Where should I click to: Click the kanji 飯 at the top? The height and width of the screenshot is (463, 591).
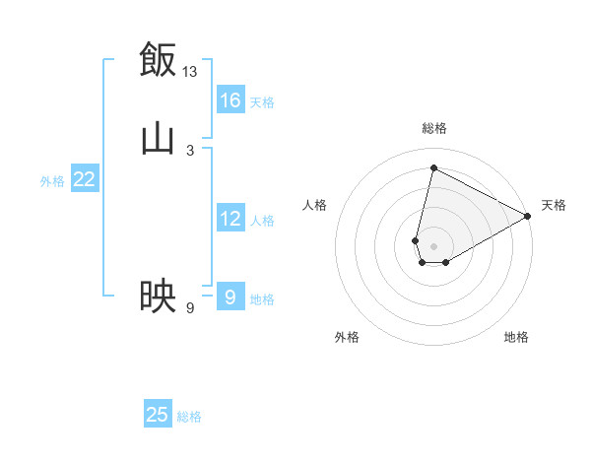[x=158, y=58]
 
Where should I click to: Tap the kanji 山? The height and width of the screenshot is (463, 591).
[x=158, y=138]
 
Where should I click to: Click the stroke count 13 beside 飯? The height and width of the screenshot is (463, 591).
[x=190, y=71]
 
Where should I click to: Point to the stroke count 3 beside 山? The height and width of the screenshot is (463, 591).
[x=190, y=151]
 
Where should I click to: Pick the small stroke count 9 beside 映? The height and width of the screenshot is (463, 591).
[x=190, y=308]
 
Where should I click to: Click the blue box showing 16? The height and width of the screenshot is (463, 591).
[x=230, y=100]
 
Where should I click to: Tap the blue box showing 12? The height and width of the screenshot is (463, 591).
[x=230, y=219]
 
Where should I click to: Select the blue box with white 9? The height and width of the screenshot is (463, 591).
[x=230, y=297]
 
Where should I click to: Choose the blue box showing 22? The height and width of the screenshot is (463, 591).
[x=85, y=179]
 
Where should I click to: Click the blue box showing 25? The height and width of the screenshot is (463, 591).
[x=158, y=415]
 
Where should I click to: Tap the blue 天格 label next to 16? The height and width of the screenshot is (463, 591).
[x=262, y=101]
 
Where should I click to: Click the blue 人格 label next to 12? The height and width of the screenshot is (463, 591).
[x=262, y=220]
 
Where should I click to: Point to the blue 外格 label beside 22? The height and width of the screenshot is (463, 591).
[x=52, y=180]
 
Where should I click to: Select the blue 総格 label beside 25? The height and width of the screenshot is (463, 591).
[x=189, y=416]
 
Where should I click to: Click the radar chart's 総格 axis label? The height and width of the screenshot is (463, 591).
[x=433, y=127]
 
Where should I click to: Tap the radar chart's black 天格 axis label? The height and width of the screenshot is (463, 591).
[x=554, y=205]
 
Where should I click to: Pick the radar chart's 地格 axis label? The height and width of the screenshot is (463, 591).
[x=516, y=337]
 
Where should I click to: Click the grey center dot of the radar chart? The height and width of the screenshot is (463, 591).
[x=433, y=245]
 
